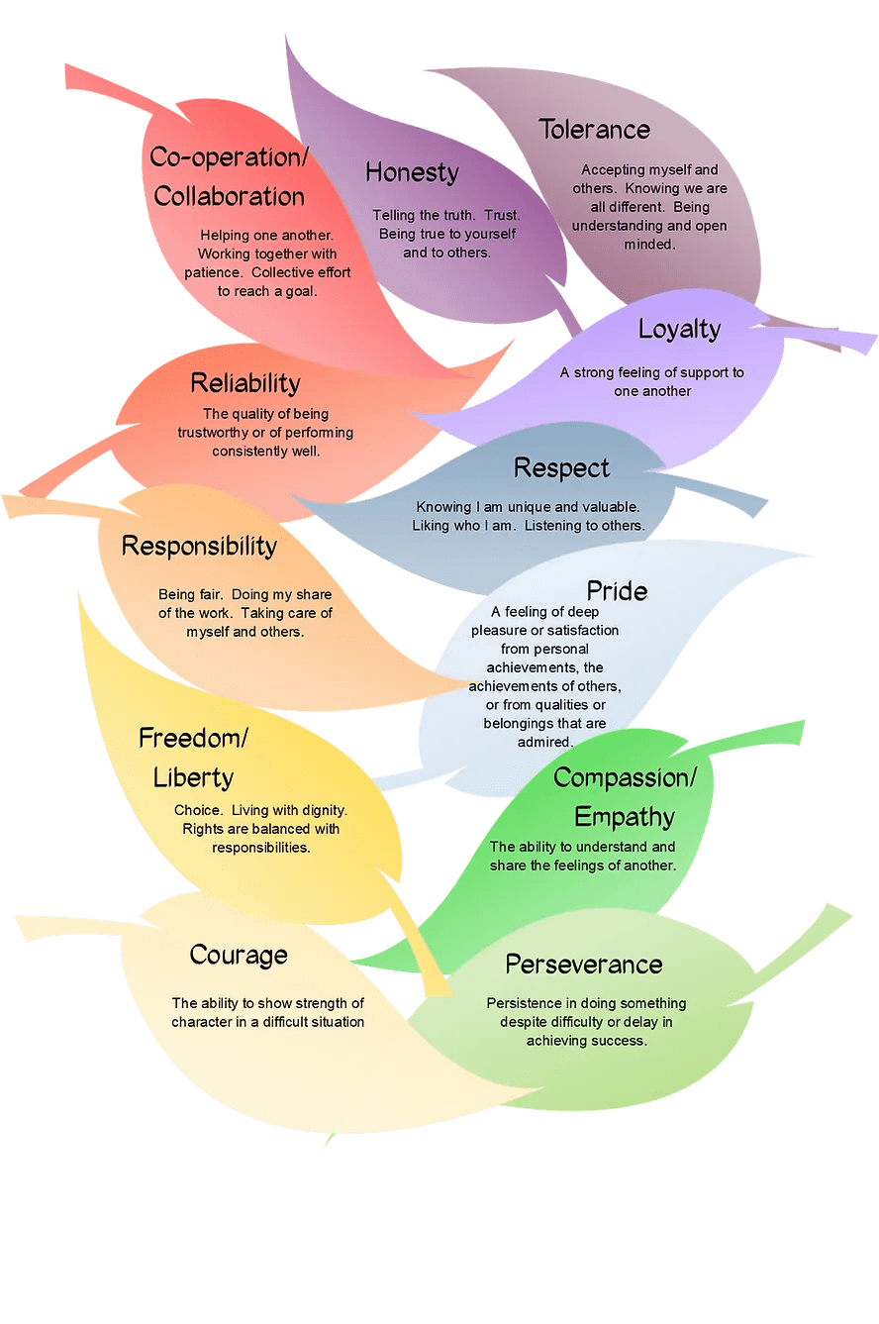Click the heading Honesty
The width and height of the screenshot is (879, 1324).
pyautogui.click(x=412, y=172)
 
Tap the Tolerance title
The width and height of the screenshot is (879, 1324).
pyautogui.click(x=594, y=130)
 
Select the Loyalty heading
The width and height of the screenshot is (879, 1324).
pyautogui.click(x=679, y=329)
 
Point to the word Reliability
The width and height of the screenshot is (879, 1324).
pyautogui.click(x=244, y=383)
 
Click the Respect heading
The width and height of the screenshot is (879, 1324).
pyautogui.click(x=561, y=467)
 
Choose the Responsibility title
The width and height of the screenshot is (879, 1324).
pyautogui.click(x=199, y=546)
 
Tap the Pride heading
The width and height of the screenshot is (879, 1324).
pyautogui.click(x=617, y=591)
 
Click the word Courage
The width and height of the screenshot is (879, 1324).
pyautogui.click(x=239, y=956)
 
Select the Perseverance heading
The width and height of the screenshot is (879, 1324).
pyautogui.click(x=583, y=965)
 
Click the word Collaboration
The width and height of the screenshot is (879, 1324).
pyautogui.click(x=229, y=196)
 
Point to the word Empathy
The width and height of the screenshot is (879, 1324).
pyautogui.click(x=624, y=818)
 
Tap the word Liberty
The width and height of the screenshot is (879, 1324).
pyautogui.click(x=193, y=777)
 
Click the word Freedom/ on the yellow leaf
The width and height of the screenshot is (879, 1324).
pyautogui.click(x=193, y=738)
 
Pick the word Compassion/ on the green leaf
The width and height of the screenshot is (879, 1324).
pyautogui.click(x=625, y=778)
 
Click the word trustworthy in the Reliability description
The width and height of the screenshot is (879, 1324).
pyautogui.click(x=215, y=433)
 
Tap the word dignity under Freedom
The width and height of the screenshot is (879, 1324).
pyautogui.click(x=321, y=810)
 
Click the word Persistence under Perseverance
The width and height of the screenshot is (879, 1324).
pyautogui.click(x=525, y=1003)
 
